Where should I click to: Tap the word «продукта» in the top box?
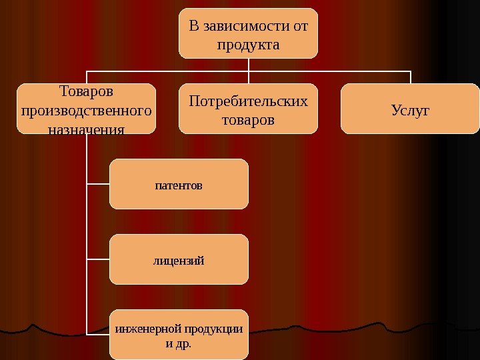[x=248, y=45]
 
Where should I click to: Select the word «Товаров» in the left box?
[x=87, y=90]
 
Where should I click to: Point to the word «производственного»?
[x=87, y=108]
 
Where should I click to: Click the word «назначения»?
[x=87, y=127]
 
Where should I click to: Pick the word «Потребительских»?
[x=248, y=101]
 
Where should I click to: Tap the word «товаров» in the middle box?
[x=248, y=120]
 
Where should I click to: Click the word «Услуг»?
[x=410, y=108]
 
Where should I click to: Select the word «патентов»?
[x=179, y=185]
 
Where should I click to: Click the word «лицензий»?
[x=179, y=259]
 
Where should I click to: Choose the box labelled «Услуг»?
[x=410, y=123]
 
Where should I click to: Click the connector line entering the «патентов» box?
[x=98, y=184]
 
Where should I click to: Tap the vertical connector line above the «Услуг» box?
[x=411, y=77]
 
